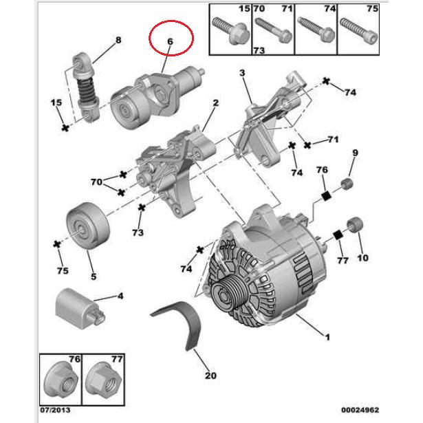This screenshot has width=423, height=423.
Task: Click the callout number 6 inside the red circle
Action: click(x=170, y=41)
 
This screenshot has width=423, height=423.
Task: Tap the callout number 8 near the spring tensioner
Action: click(x=118, y=40)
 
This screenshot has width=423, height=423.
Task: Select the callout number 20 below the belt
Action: click(x=210, y=376)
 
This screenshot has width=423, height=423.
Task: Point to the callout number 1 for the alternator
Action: click(x=327, y=337)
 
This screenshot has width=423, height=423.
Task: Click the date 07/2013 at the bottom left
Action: click(x=55, y=410)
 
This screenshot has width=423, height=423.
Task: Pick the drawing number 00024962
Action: click(x=360, y=410)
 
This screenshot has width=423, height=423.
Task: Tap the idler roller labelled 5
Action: click(x=87, y=226)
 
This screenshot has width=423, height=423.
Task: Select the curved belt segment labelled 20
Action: click(x=180, y=324)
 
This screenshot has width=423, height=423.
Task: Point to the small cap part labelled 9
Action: click(x=347, y=184)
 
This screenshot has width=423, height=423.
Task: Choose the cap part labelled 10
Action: click(x=355, y=224)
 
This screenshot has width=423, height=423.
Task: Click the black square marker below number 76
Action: click(x=327, y=195)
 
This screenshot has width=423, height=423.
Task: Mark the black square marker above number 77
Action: click(x=338, y=235)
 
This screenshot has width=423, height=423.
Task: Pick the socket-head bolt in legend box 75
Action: click(x=359, y=31)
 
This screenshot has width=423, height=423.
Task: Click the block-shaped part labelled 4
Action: click(x=80, y=308)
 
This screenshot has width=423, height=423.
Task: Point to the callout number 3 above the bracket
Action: click(x=242, y=73)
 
